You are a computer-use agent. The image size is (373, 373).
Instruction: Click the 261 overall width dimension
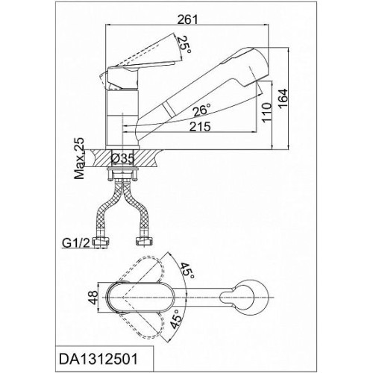click(187, 19)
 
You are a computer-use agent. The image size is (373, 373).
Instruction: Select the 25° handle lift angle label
click(185, 46)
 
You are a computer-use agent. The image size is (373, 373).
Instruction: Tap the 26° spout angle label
click(202, 110)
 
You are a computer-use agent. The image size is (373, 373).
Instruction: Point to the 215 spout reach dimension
click(200, 127)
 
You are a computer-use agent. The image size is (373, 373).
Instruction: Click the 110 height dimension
click(266, 112)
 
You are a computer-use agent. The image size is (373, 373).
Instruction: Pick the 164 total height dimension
click(283, 98)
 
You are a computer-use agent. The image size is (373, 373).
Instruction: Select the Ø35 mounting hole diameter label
click(122, 158)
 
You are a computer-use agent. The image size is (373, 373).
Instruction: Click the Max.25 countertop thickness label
click(80, 158)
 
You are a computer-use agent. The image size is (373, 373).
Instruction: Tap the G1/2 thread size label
click(75, 243)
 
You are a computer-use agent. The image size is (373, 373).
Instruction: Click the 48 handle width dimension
click(94, 298)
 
